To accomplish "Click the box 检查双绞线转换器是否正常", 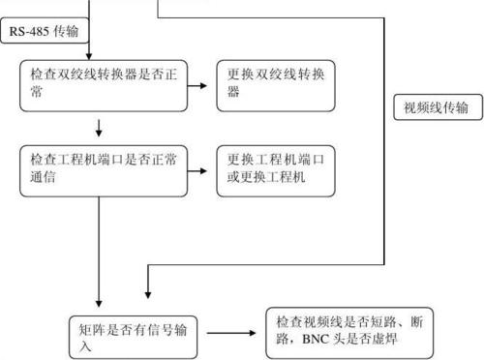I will click(x=103, y=85).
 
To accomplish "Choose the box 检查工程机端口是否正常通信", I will click(x=103, y=170).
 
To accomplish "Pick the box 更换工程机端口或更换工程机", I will click(x=276, y=170).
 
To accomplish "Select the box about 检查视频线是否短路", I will click(x=348, y=331).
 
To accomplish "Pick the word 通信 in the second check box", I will click(x=43, y=179).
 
